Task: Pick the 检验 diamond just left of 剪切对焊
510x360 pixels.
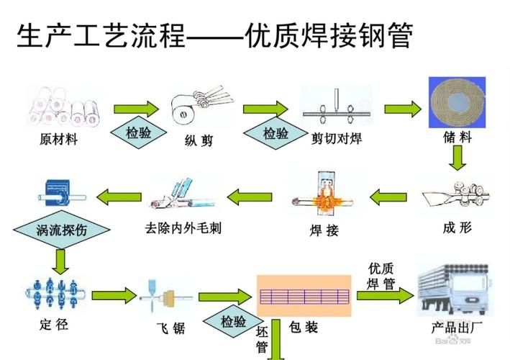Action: (275, 132)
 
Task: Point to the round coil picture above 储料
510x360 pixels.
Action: (458, 100)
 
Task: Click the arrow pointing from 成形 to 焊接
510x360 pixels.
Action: (394, 193)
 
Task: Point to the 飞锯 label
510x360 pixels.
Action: (170, 328)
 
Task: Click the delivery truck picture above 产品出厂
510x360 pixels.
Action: (456, 289)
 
